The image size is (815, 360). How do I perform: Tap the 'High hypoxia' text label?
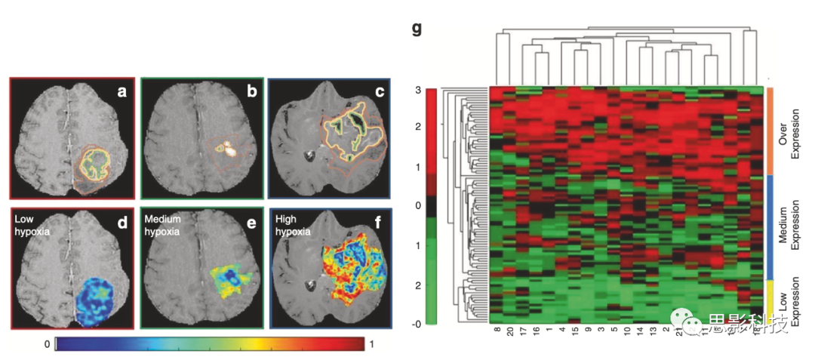[291, 224]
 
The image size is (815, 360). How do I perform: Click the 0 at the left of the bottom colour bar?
[47, 343]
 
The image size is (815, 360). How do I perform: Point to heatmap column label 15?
[575, 332]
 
